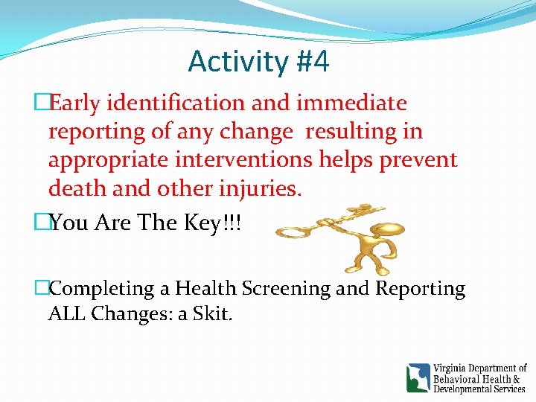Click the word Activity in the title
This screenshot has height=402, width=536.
tap(234, 62)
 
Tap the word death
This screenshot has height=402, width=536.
tap(78, 189)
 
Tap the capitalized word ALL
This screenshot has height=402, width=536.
tap(67, 314)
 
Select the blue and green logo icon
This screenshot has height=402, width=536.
tap(418, 377)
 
